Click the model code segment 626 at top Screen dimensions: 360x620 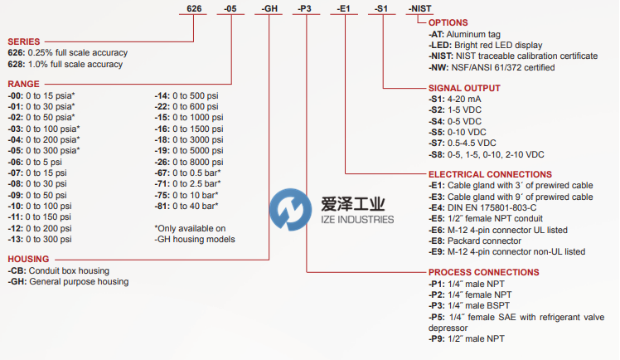(x=192, y=8)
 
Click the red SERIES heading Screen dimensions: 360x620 (x=24, y=41)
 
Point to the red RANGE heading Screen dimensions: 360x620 (x=23, y=84)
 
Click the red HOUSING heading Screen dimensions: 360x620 (x=28, y=259)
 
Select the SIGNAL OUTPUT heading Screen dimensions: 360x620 (x=463, y=87)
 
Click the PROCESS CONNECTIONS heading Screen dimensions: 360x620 (x=483, y=272)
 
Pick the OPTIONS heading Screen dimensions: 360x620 (x=448, y=22)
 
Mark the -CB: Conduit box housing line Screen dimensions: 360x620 (x=59, y=270)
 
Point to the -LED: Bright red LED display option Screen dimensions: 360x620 (x=486, y=45)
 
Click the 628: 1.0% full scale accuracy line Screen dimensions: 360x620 (x=65, y=64)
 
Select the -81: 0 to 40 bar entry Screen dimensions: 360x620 (x=186, y=205)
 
